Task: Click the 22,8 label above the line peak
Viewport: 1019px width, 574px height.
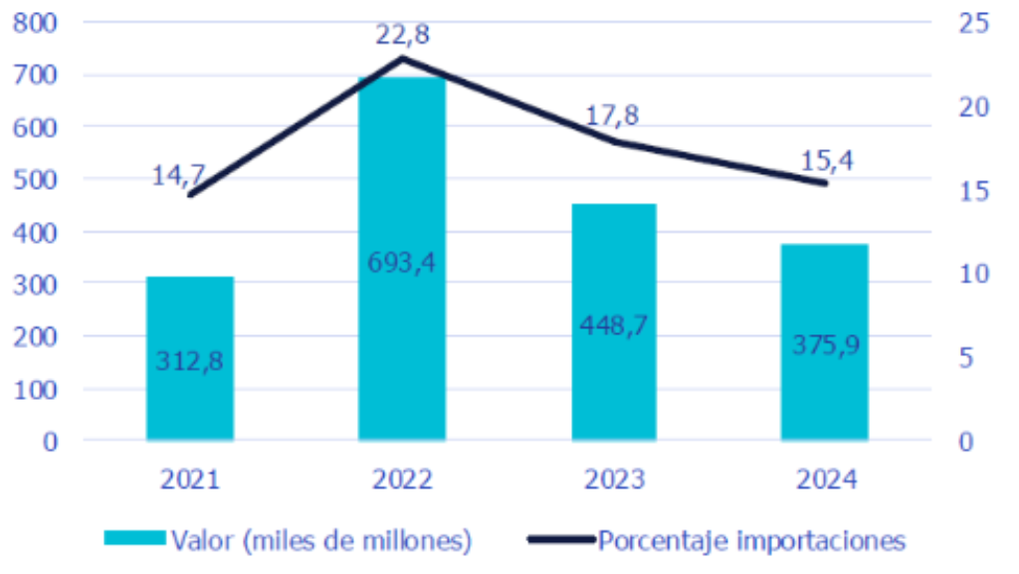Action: click(x=402, y=37)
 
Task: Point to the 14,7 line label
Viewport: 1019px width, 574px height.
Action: click(x=178, y=176)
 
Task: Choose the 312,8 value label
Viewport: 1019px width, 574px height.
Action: click(x=189, y=361)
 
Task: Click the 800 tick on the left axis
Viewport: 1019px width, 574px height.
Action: click(x=37, y=23)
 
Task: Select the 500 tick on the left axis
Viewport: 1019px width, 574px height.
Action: click(x=37, y=180)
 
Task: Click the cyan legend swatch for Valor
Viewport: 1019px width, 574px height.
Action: click(x=134, y=538)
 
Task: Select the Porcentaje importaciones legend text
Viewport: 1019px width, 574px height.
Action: click(x=752, y=540)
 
